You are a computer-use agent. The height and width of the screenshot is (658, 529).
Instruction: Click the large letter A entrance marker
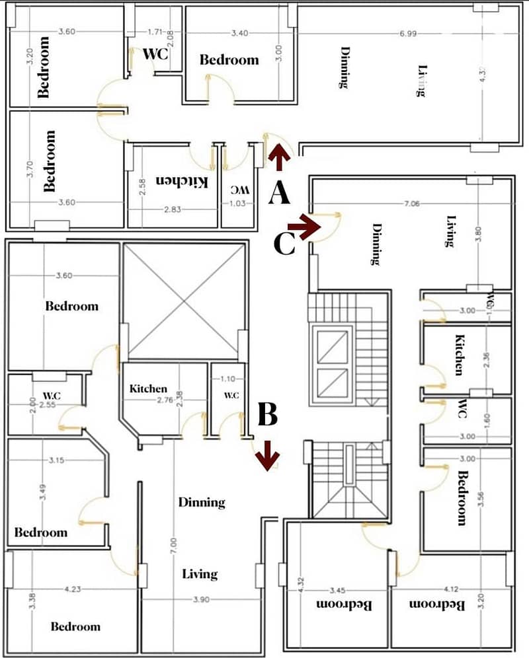click(x=279, y=194)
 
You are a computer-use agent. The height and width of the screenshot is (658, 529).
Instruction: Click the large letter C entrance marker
click(x=284, y=244)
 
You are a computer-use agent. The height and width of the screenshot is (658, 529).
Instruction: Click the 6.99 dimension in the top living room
click(x=407, y=34)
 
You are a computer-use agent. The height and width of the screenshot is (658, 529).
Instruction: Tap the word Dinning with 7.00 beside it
click(x=202, y=502)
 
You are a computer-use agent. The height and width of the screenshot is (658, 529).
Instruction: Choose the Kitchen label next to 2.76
click(x=148, y=388)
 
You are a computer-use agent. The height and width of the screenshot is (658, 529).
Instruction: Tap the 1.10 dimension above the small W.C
click(x=227, y=379)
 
